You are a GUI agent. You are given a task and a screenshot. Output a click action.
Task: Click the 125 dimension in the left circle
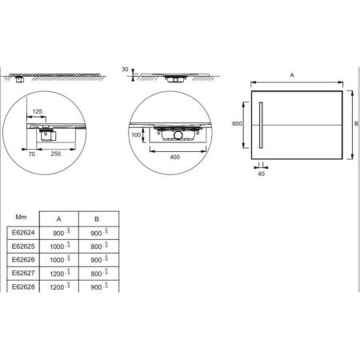[x=37, y=113]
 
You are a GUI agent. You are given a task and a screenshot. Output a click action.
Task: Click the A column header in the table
[x=59, y=218]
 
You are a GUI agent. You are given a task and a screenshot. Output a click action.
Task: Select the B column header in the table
[x=98, y=218]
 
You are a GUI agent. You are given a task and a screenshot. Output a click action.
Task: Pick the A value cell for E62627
[x=59, y=274]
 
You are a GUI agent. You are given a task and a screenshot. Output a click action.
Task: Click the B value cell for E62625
[x=98, y=246]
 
